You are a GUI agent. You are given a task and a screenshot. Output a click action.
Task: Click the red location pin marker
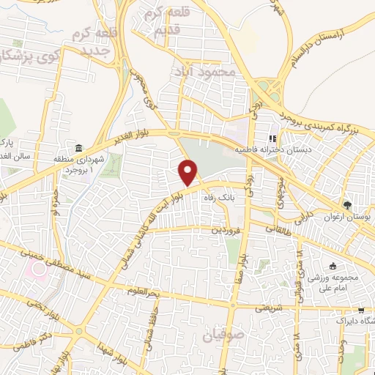click(189, 174)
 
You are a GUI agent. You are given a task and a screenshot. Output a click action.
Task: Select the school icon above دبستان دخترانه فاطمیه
click(272, 138)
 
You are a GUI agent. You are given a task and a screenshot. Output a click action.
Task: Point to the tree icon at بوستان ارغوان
click(348, 206)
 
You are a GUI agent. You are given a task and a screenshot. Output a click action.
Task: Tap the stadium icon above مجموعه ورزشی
click(334, 266)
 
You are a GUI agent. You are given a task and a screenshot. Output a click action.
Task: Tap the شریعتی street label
click(268, 309)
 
